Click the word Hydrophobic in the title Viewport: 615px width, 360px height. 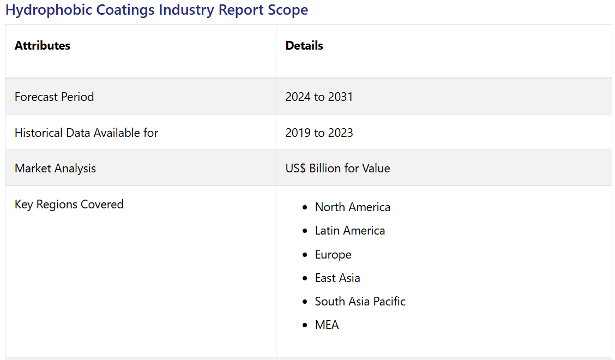[x=49, y=10]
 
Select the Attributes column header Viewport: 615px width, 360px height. [x=43, y=45]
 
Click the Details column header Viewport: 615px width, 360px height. [x=304, y=45]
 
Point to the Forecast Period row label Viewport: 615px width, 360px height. [x=54, y=97]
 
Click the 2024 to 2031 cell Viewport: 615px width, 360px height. [x=319, y=97]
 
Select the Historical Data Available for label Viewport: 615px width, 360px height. [x=86, y=133]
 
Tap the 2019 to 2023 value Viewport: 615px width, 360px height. [x=319, y=133]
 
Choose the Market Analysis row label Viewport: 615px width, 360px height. [x=55, y=169]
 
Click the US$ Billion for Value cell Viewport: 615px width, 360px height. [x=337, y=169]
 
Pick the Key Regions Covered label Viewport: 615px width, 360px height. [x=69, y=205]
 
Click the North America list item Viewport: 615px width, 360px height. [x=353, y=207]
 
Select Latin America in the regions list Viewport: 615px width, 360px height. [x=350, y=230]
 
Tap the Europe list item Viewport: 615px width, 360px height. [x=333, y=254]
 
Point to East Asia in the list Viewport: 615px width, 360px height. [x=337, y=278]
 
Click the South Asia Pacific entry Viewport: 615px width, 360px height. [x=360, y=301]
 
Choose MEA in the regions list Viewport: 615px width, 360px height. [x=327, y=325]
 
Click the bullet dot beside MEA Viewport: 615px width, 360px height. [x=305, y=326]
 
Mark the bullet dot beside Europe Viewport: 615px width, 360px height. [x=305, y=255]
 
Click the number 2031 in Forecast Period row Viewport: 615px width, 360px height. [x=340, y=97]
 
